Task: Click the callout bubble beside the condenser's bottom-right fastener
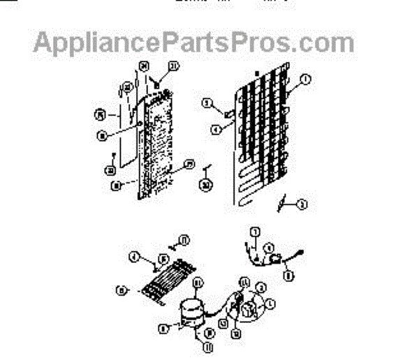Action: pyautogui.click(x=303, y=204)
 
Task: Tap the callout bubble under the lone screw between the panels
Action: pyautogui.click(x=205, y=185)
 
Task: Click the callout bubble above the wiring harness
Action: pyautogui.click(x=254, y=232)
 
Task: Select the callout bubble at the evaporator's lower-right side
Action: pyautogui.click(x=189, y=165)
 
